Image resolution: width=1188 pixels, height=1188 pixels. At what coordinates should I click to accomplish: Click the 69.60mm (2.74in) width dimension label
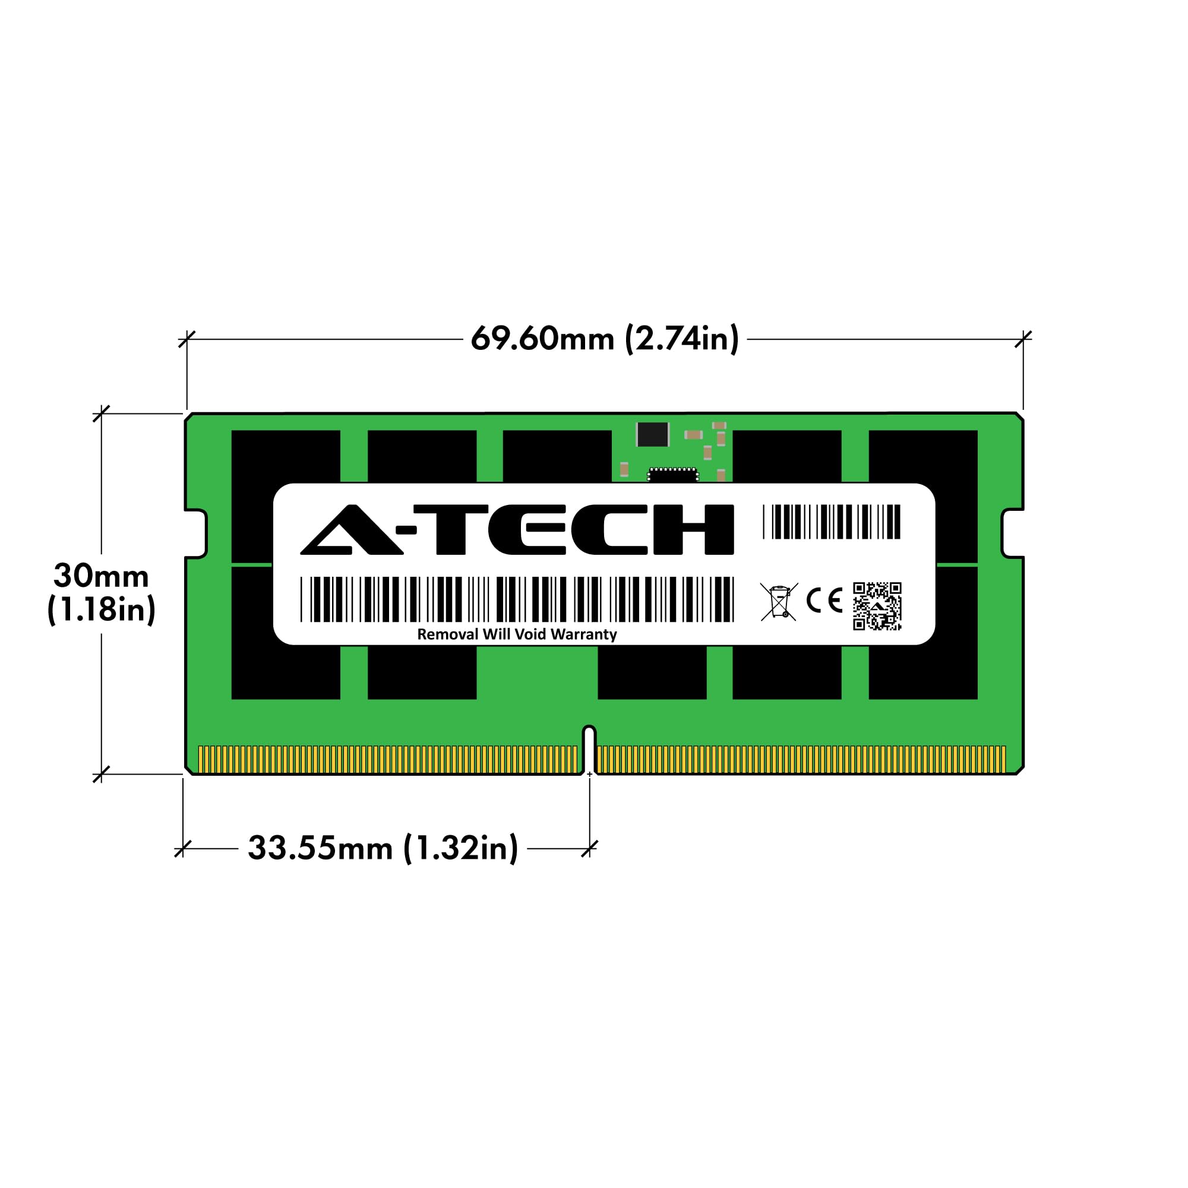[x=605, y=339]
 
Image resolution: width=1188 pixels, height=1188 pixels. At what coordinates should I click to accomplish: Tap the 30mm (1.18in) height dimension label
[x=102, y=593]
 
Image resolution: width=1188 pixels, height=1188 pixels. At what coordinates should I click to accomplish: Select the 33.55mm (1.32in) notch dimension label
[x=383, y=849]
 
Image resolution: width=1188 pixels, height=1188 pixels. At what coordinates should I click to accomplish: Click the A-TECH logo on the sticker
[x=517, y=529]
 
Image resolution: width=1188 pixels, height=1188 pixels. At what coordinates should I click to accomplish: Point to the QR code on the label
[x=877, y=606]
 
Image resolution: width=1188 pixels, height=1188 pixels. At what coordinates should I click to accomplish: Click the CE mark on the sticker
[x=824, y=601]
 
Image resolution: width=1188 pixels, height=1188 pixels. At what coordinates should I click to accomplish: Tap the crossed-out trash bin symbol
[x=779, y=602]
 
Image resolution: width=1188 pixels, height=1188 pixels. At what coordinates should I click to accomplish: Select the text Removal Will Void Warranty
[x=517, y=634]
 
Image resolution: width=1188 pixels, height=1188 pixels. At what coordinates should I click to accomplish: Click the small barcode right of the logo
[x=832, y=522]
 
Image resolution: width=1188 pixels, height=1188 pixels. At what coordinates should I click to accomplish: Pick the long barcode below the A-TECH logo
[x=517, y=599]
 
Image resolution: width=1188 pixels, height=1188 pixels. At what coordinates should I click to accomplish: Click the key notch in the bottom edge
[x=589, y=747]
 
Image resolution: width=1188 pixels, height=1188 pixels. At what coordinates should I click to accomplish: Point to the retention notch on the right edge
[x=1012, y=533]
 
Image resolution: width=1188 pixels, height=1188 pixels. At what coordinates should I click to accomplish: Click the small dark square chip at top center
[x=652, y=435]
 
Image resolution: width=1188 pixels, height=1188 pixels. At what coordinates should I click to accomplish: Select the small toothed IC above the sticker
[x=673, y=475]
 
